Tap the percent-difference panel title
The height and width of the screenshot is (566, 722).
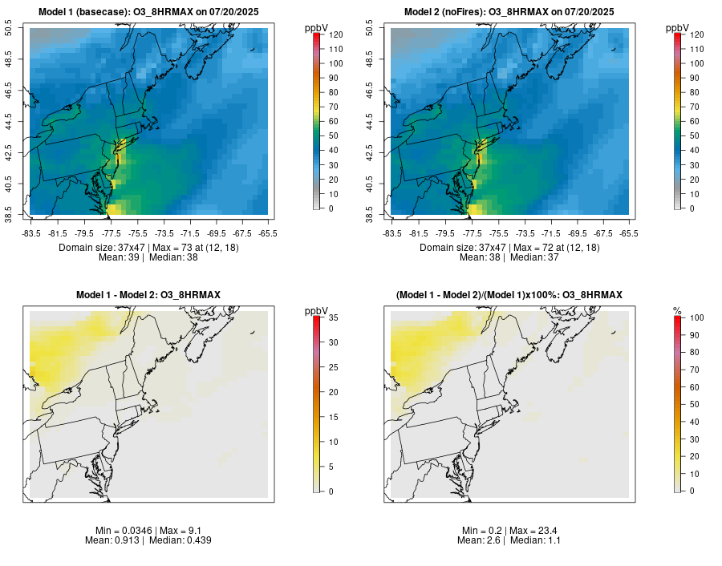[x=509, y=296]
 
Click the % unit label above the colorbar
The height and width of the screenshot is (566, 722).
[x=677, y=310]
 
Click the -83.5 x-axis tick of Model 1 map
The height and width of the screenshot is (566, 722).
[x=31, y=233]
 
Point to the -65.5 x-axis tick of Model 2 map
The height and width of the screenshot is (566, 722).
[x=629, y=233]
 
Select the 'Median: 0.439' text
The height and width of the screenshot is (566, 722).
[x=181, y=540]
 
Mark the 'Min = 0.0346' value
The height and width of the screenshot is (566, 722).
[x=120, y=531]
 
